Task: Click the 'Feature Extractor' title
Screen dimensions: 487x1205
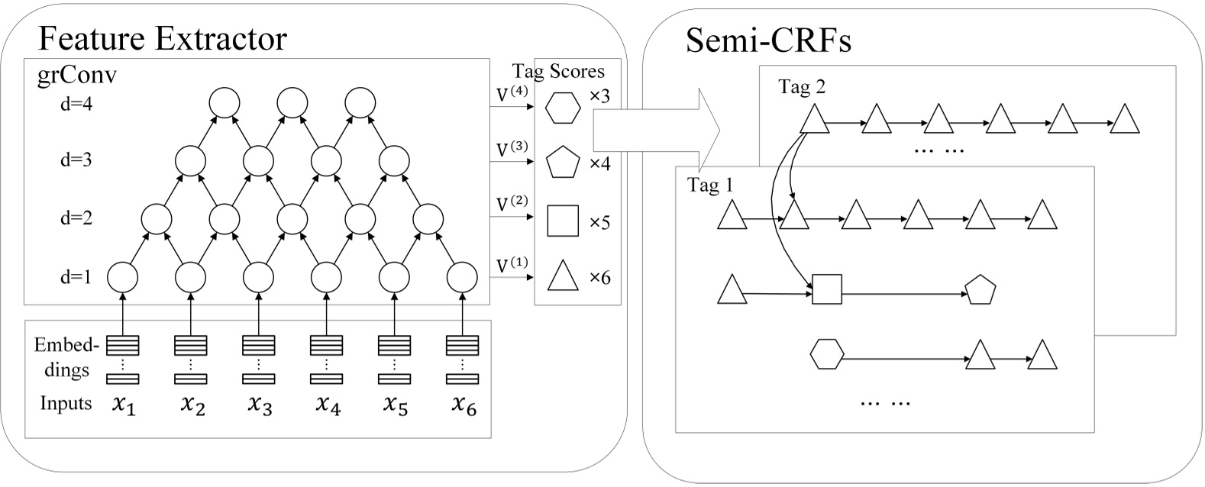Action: [162, 37]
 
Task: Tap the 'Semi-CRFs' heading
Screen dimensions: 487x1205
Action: [768, 40]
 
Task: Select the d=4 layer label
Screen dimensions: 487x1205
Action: [76, 104]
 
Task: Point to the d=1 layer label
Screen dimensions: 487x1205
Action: [76, 277]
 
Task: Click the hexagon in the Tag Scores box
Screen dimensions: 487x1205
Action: [563, 108]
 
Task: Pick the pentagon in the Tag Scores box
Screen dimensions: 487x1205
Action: [563, 162]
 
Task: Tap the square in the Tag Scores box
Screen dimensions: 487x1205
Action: [563, 221]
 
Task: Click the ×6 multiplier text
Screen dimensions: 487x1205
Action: [599, 277]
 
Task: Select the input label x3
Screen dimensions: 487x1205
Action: [259, 405]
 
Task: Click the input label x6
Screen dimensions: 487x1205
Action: [462, 405]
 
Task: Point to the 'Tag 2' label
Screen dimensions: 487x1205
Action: [801, 87]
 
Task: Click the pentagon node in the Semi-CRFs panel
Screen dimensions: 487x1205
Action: [980, 291]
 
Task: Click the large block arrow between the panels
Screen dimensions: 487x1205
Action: [657, 122]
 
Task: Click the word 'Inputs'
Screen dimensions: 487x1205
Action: [66, 403]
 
